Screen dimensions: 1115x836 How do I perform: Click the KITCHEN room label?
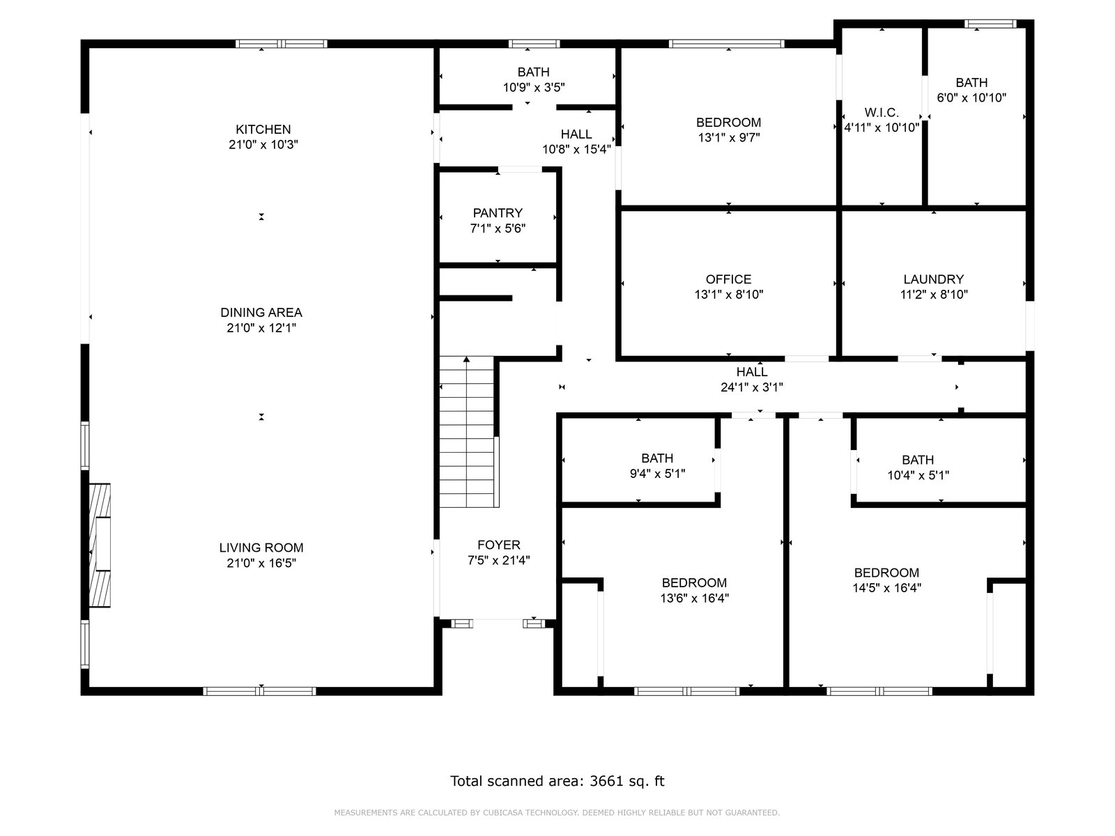point(263,130)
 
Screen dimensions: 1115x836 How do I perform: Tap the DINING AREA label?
point(261,313)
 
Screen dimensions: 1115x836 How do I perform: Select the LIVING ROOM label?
point(261,548)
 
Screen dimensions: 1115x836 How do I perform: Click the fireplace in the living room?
point(100,545)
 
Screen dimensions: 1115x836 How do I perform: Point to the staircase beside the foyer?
point(467,432)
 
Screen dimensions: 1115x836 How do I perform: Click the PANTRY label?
point(498,213)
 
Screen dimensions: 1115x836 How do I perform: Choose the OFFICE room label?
point(728,279)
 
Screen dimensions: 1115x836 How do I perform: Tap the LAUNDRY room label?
point(934,279)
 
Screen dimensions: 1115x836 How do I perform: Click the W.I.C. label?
point(882,112)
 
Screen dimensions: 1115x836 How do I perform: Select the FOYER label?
point(499,545)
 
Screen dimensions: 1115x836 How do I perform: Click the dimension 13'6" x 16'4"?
point(694,598)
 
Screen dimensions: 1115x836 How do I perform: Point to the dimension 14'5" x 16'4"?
point(887,588)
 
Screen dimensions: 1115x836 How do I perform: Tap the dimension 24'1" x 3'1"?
point(752,387)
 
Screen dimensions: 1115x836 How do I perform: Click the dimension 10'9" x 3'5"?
point(534,88)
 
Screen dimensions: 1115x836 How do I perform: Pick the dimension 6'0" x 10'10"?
point(971,98)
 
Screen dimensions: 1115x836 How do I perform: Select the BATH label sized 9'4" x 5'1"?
point(657,458)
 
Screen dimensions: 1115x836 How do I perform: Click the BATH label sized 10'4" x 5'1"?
point(918,460)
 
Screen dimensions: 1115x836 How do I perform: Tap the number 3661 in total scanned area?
point(607,781)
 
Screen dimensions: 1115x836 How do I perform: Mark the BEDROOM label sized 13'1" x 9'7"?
point(728,123)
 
